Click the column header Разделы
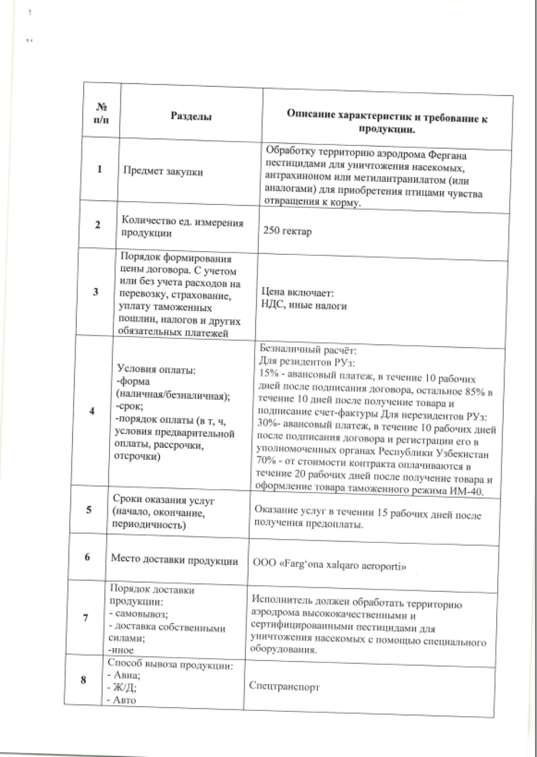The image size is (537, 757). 191,116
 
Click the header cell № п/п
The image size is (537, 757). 101,114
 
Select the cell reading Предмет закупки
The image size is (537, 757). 163,172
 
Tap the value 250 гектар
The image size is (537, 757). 287,232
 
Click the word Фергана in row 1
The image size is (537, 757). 447,156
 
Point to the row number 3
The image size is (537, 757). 96,292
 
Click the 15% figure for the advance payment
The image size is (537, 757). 268,373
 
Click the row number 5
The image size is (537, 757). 89,510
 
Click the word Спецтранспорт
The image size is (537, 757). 285,686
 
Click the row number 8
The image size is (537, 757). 84,680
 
